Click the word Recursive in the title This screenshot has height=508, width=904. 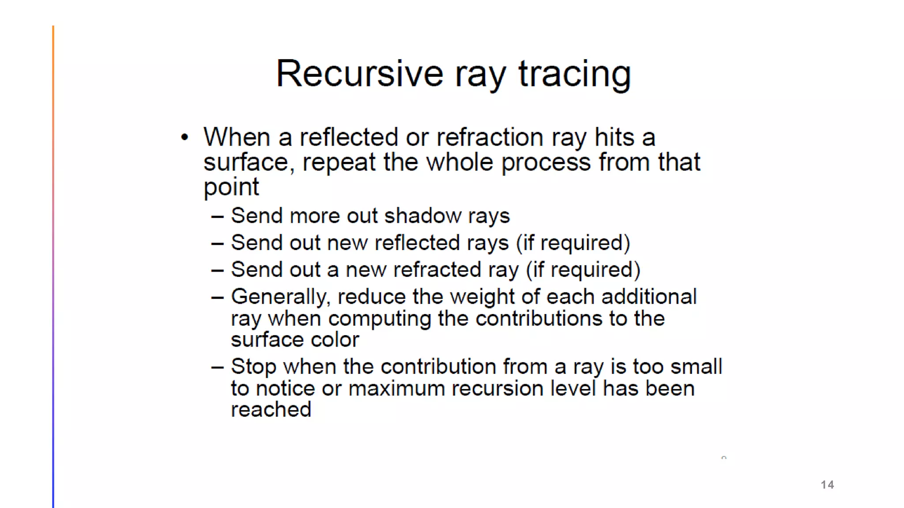point(360,74)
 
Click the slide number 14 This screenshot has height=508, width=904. point(827,485)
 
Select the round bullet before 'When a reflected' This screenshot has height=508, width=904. point(185,137)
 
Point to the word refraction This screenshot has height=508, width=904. point(490,137)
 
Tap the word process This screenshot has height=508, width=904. point(546,162)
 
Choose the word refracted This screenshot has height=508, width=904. point(437,270)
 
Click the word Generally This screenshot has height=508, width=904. point(280,297)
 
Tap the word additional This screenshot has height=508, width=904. point(649,297)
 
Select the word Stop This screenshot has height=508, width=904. point(253,367)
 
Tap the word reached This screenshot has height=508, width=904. point(271,410)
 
